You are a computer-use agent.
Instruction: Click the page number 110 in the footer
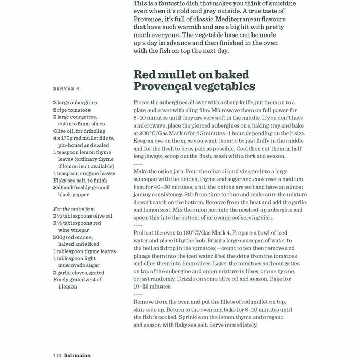pyautogui.click(x=57, y=355)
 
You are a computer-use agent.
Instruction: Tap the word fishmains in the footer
pyautogui.click(x=79, y=355)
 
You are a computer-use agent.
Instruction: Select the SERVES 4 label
pyautogui.click(x=66, y=88)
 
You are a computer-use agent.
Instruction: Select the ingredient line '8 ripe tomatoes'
pyautogui.click(x=71, y=110)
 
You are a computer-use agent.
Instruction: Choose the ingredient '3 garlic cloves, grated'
pyautogui.click(x=79, y=273)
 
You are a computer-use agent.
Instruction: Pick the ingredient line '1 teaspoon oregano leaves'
pyautogui.click(x=84, y=174)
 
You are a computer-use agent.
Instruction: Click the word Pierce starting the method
pyautogui.click(x=142, y=102)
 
